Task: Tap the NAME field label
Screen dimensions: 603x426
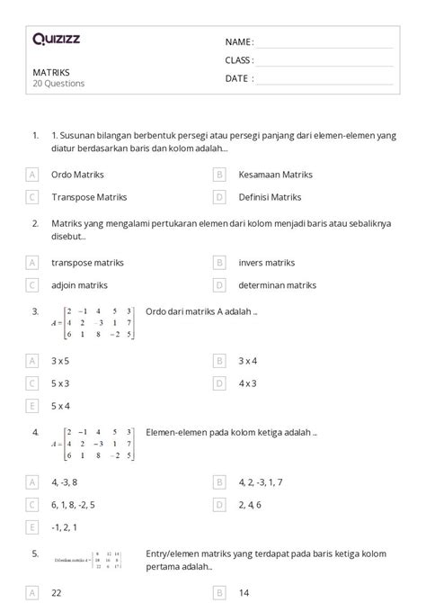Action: (x=238, y=42)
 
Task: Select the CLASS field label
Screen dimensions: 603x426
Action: (x=239, y=60)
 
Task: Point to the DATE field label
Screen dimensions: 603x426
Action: (x=238, y=78)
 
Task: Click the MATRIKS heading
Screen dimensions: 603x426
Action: (x=51, y=72)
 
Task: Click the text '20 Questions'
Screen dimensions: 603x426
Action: (x=58, y=84)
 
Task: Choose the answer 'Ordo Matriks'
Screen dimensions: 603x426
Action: (x=77, y=174)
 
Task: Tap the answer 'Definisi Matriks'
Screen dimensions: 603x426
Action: (x=270, y=196)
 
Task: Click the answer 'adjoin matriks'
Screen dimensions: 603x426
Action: (x=79, y=284)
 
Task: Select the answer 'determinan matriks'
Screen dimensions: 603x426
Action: (x=278, y=284)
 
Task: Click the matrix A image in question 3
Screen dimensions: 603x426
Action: (x=93, y=322)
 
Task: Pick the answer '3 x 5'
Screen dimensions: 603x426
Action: (x=62, y=360)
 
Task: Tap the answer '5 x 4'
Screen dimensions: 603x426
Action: (x=62, y=405)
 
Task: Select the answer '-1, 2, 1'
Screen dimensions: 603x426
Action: (x=66, y=526)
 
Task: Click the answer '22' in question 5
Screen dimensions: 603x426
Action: (x=57, y=593)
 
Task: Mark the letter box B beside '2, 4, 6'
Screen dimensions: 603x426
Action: (x=218, y=504)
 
